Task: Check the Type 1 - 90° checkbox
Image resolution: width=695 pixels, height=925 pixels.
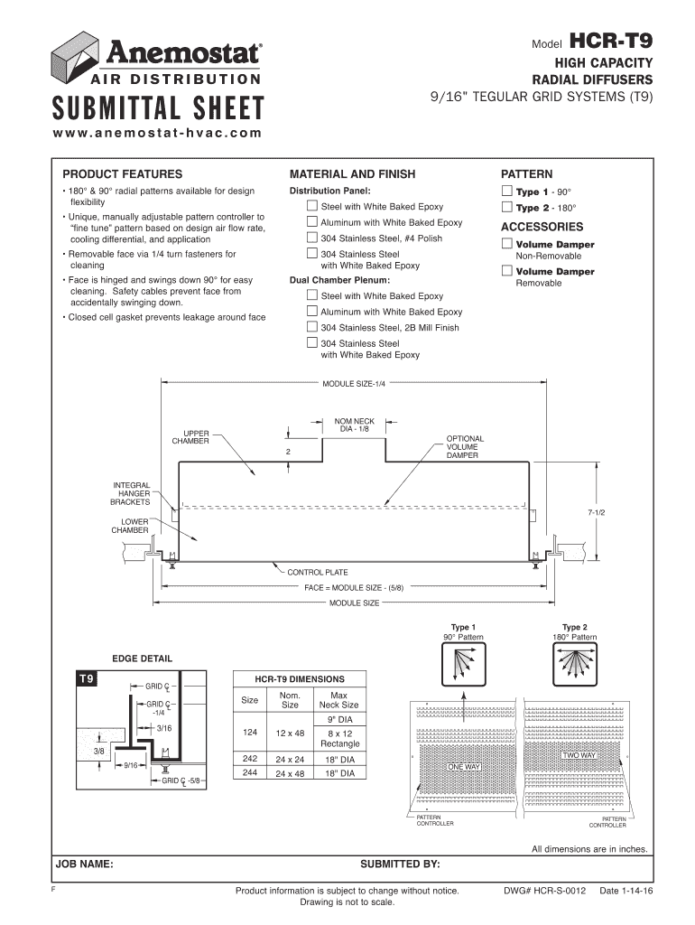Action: point(507,192)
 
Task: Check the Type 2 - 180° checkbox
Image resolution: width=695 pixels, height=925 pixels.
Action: point(507,207)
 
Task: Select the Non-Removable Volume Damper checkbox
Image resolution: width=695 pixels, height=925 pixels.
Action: point(507,244)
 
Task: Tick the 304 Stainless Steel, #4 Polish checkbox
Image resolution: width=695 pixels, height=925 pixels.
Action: point(312,238)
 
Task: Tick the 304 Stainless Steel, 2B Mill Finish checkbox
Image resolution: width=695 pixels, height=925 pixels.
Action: point(312,327)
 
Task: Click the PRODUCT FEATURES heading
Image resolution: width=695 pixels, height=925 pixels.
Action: point(122,173)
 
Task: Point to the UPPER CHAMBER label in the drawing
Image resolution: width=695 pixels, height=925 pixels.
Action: point(190,436)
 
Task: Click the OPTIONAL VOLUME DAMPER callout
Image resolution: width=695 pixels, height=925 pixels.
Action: point(465,447)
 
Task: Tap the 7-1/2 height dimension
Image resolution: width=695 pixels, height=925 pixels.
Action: point(597,512)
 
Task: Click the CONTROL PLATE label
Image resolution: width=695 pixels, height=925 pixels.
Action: point(317,572)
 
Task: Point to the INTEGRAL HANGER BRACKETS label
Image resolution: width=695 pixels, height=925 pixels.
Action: point(131,493)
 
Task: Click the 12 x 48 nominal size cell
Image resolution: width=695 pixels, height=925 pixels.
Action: point(291,733)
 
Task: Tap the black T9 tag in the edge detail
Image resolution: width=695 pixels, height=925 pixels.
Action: point(90,677)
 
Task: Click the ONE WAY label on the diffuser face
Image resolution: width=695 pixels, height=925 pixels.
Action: point(464,767)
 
